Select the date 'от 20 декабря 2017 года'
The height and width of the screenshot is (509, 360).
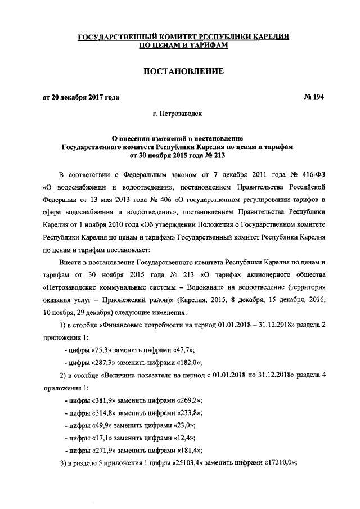81,97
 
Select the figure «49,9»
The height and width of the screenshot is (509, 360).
102,425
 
